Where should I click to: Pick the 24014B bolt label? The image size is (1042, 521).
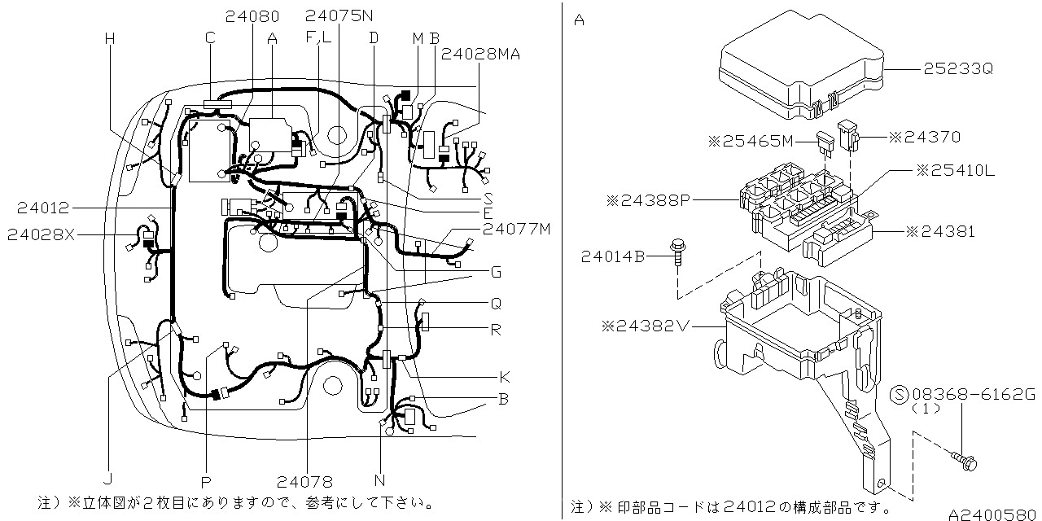[x=613, y=257]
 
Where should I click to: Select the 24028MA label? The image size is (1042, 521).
[x=480, y=54]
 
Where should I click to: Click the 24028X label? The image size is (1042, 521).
[x=41, y=234]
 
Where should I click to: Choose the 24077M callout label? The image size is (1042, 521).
[x=516, y=229]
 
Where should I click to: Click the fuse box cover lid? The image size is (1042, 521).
[x=802, y=65]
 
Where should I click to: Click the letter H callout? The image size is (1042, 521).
[x=110, y=37]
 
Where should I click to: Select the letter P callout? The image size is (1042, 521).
[x=206, y=482]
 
